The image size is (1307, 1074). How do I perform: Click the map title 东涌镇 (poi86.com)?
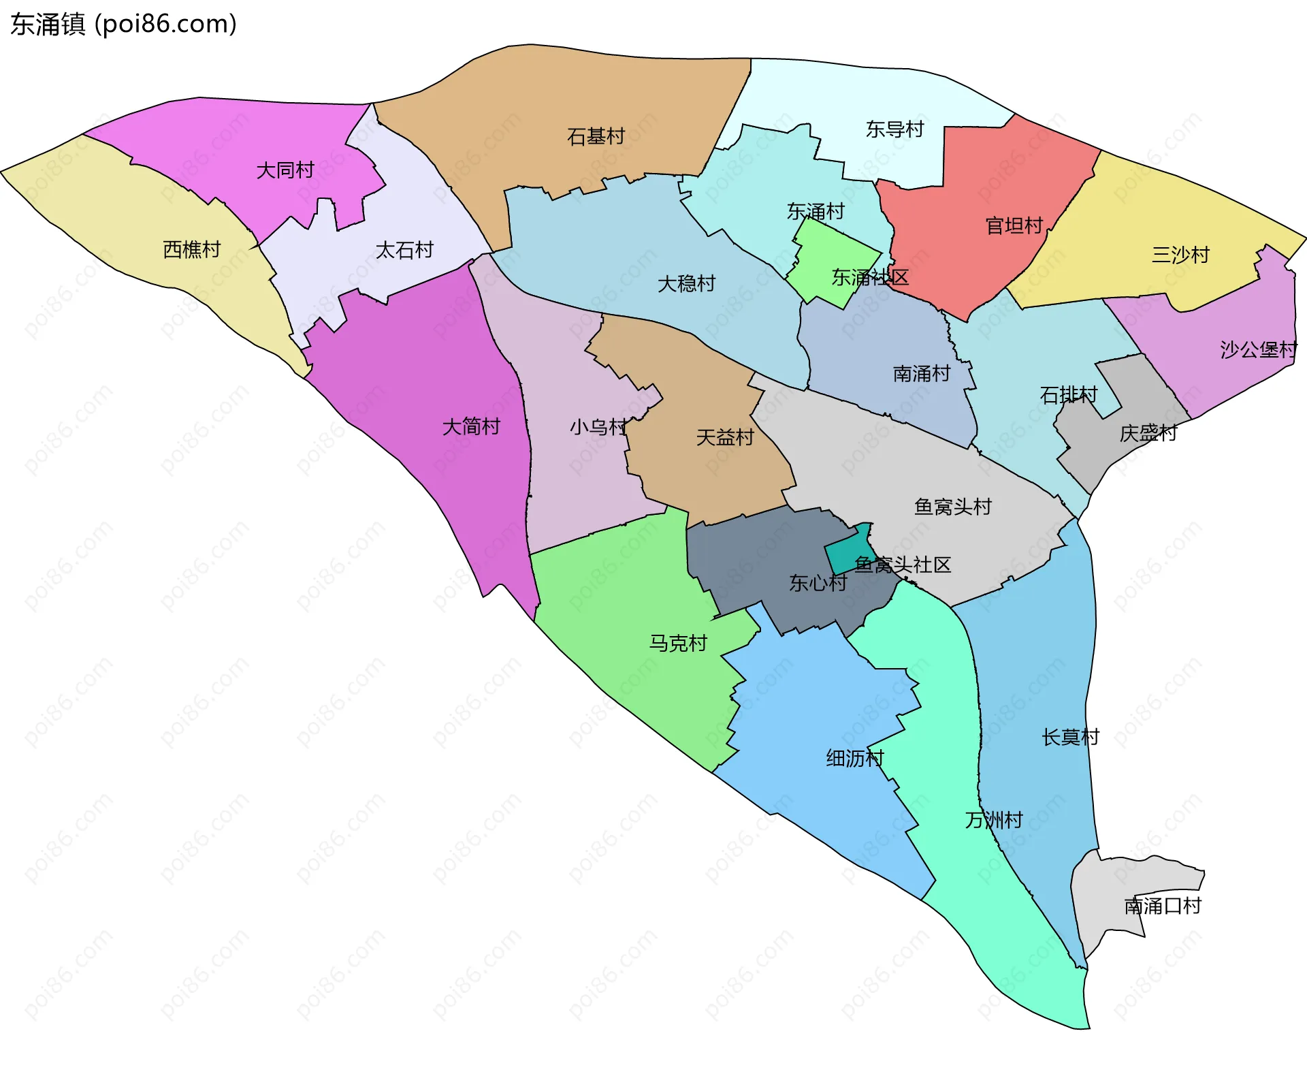point(123,25)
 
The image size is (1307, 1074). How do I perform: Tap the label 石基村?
point(596,136)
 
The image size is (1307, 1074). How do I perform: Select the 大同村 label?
point(285,170)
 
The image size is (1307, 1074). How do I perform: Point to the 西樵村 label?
point(191,249)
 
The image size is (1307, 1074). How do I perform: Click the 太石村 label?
point(404,250)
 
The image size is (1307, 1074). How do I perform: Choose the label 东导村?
point(894,129)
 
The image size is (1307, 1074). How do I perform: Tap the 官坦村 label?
point(1014,225)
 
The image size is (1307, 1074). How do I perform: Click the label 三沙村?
point(1180,255)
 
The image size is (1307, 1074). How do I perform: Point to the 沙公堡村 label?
point(1258,349)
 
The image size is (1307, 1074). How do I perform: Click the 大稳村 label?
point(686,283)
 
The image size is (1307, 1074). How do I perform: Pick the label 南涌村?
point(921,373)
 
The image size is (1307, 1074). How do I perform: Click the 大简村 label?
point(471,426)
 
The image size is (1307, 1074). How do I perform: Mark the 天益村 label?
point(725,437)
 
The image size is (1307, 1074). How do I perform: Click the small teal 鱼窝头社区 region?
point(848,553)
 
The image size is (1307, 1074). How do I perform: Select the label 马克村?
point(678,643)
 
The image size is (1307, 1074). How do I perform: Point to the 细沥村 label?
point(854,758)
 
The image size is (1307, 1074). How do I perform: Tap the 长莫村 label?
point(1070,737)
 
